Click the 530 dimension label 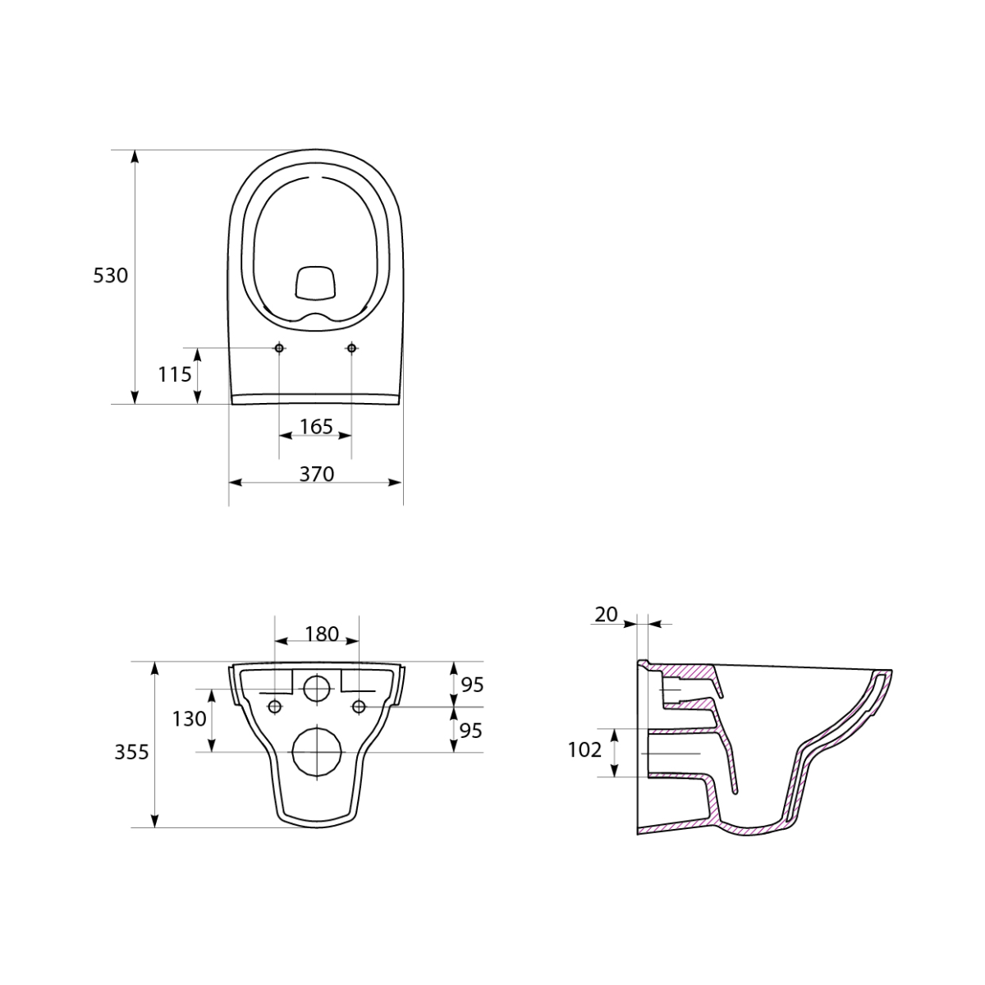[x=111, y=276]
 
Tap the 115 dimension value [x=174, y=374]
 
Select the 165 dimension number [x=316, y=426]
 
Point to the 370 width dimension [x=316, y=474]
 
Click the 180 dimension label [x=322, y=634]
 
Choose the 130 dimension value [x=189, y=719]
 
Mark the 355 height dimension [x=131, y=753]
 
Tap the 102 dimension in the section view [x=584, y=750]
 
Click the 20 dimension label [x=607, y=615]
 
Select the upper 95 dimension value [x=472, y=685]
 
